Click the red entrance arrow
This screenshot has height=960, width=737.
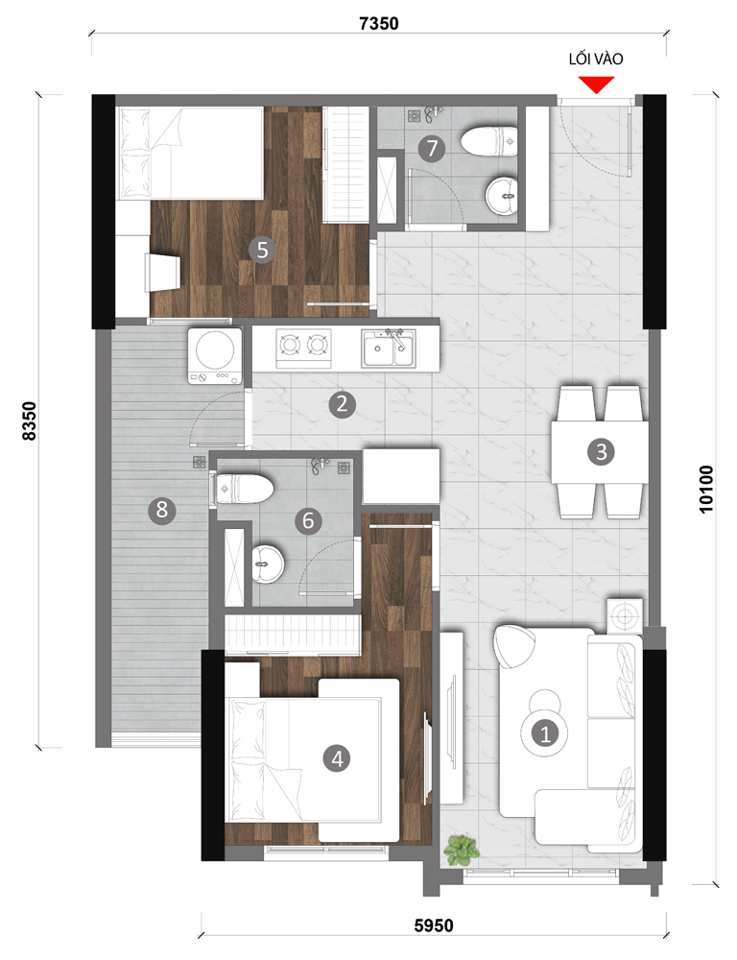click(x=596, y=84)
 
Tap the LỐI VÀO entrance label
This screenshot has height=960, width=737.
click(x=596, y=60)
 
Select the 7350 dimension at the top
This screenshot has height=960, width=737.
click(x=379, y=23)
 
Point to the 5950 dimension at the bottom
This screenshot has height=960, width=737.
click(x=434, y=925)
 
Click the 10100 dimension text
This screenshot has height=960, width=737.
click(x=705, y=490)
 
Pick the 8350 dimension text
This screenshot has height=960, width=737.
click(x=30, y=420)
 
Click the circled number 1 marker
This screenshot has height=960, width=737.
click(x=544, y=732)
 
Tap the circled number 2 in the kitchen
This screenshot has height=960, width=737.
click(x=343, y=404)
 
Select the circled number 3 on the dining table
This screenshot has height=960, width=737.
click(x=601, y=452)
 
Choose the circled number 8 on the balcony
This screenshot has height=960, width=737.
click(x=162, y=510)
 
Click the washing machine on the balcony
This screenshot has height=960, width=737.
click(x=215, y=356)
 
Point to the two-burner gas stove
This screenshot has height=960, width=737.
click(x=303, y=348)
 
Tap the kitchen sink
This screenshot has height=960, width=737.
click(x=389, y=348)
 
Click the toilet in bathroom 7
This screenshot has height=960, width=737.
click(x=489, y=141)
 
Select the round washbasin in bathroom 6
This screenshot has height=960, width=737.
click(x=268, y=562)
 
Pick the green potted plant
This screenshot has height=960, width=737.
click(x=461, y=851)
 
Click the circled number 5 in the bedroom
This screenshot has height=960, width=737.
click(x=263, y=250)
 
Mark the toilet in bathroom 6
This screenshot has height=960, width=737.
click(x=243, y=489)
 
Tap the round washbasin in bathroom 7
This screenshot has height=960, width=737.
click(x=502, y=196)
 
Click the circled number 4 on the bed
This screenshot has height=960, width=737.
click(x=337, y=758)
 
